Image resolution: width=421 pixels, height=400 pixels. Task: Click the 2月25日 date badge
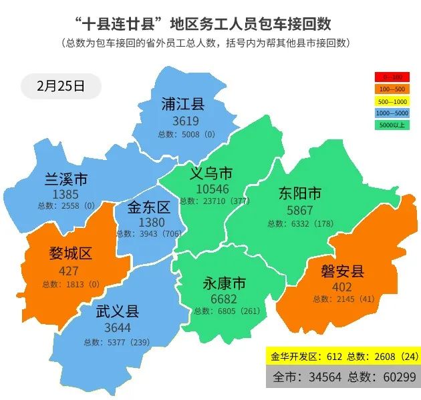[x=61, y=86]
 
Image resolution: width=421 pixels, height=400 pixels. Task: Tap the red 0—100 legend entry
[x=393, y=77]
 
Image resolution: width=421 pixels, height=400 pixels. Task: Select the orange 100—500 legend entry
[x=393, y=89]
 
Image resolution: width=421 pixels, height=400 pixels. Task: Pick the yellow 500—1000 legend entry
[x=393, y=101]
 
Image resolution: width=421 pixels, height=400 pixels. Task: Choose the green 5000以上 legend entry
[x=393, y=125]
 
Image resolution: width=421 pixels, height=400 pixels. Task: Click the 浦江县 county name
[x=182, y=105]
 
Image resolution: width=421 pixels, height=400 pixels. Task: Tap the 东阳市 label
[x=299, y=194]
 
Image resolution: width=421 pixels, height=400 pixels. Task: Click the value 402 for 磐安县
[x=341, y=287]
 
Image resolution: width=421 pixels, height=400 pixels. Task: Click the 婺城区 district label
[x=70, y=254]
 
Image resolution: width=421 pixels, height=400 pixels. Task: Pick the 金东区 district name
[x=149, y=207]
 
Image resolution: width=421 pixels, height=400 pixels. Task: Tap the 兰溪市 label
[x=65, y=180]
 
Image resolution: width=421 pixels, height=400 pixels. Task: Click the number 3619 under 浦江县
[x=185, y=121]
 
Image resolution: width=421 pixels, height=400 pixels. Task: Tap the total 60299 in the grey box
[x=394, y=377]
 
